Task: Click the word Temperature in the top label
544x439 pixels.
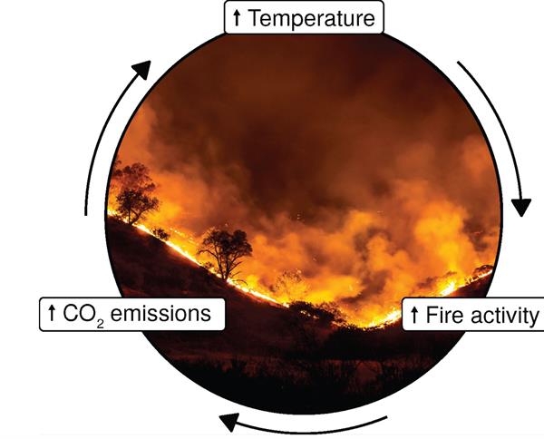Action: (313, 17)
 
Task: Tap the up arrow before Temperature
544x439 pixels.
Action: (237, 17)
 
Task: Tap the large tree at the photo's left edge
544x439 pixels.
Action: (134, 190)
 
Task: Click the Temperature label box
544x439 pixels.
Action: (303, 17)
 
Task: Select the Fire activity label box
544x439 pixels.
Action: (471, 316)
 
